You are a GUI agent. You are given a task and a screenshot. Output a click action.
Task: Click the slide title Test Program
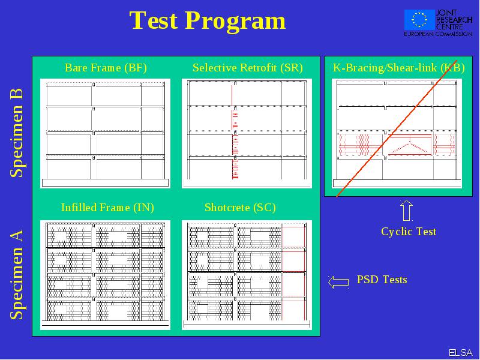tap(208, 21)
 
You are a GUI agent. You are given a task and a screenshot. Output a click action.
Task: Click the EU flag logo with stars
tap(419, 20)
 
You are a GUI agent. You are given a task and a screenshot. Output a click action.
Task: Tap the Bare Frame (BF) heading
tap(106, 68)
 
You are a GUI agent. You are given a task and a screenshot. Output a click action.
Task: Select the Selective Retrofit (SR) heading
tap(248, 68)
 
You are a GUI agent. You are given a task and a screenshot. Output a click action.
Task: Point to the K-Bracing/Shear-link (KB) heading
tap(398, 68)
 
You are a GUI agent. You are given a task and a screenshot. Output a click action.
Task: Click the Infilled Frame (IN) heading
tap(107, 208)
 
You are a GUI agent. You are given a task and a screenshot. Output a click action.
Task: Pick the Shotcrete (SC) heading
tap(241, 208)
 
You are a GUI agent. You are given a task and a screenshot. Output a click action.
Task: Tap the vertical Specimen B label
tap(17, 133)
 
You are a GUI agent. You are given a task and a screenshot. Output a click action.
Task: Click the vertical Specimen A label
tap(17, 275)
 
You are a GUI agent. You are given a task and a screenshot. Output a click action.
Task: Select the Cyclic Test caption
tap(409, 232)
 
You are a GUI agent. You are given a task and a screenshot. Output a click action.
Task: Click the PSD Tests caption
tap(382, 280)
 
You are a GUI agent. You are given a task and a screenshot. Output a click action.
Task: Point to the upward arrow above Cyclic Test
tap(407, 211)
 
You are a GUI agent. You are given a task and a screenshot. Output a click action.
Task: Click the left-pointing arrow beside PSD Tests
tap(338, 282)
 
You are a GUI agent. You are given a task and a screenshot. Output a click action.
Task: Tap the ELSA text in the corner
tap(461, 353)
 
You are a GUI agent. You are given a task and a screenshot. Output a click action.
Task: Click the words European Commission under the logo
tap(438, 34)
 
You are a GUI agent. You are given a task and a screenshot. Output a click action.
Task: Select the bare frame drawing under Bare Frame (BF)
tap(106, 133)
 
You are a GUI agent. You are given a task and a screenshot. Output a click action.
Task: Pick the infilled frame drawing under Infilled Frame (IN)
tap(106, 275)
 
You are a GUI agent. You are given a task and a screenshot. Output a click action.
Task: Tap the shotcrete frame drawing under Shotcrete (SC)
tap(247, 275)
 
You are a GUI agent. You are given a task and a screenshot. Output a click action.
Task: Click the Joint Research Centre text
tap(454, 20)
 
